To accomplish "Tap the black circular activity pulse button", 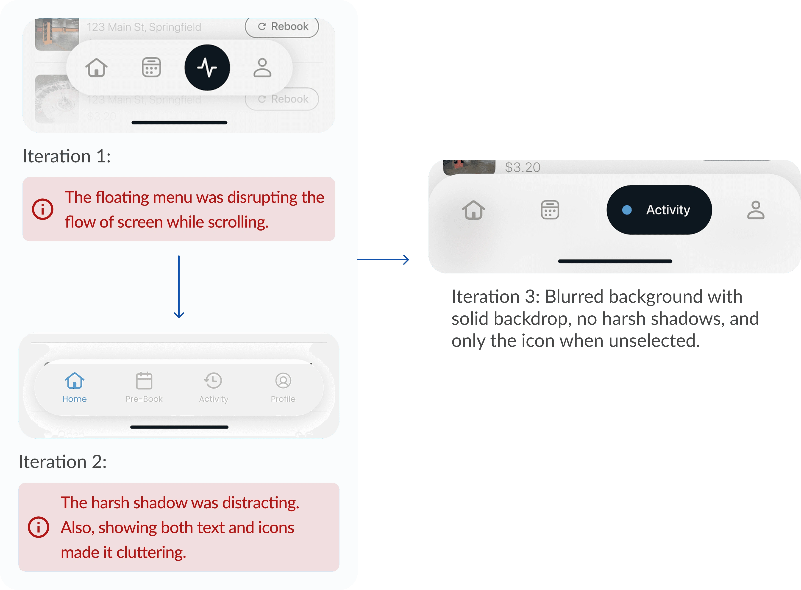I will pos(207,67).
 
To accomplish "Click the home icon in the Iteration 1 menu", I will pos(96,67).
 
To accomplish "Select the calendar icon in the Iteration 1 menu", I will pos(151,67).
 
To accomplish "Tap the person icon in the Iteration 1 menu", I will pos(262,67).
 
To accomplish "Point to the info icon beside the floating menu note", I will pos(42,209).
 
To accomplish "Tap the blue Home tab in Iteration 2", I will pos(75,387).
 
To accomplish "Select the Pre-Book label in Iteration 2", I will pos(144,399).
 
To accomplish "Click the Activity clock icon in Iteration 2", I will pos(213,380).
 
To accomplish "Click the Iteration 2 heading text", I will pos(62,462).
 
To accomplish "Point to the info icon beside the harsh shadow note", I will pos(38,527).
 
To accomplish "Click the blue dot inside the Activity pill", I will pos(627,210).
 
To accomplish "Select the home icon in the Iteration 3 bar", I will pos(473,210).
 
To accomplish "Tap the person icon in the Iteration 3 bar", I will pos(756,210).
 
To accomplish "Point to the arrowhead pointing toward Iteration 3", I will pos(406,260).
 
